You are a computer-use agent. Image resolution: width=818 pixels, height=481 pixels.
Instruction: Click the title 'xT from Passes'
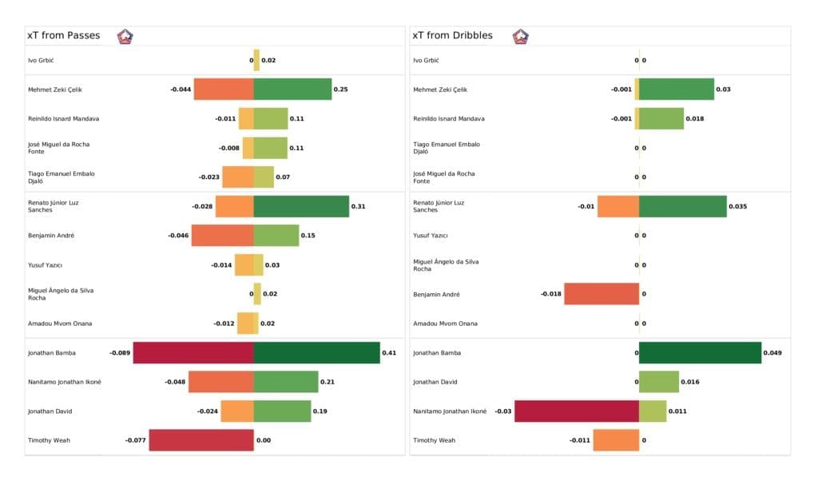[63, 36]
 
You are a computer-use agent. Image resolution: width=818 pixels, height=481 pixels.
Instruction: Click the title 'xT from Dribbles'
[452, 36]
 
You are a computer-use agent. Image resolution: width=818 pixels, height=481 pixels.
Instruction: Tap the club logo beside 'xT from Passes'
[125, 36]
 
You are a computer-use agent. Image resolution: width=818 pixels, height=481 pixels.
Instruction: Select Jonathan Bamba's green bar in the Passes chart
[316, 352]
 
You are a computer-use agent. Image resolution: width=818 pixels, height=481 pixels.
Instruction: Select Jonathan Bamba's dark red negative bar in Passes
[193, 352]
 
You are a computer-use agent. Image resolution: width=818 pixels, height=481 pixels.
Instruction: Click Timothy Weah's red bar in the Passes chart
[201, 440]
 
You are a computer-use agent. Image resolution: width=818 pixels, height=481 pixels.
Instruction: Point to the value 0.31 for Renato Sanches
[358, 206]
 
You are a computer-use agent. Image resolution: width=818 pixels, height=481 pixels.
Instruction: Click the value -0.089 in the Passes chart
[120, 352]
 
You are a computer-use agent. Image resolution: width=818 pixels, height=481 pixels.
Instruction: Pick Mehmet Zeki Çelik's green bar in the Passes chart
[292, 89]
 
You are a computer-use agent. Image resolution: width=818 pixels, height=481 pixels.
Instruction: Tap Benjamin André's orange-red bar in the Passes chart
[222, 236]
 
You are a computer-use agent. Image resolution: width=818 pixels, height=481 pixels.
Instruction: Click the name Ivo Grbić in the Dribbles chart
[431, 61]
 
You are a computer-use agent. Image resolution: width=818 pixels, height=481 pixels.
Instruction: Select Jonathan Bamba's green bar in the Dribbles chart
[700, 352]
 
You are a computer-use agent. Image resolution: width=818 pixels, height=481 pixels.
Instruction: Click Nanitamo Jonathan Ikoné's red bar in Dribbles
[577, 411]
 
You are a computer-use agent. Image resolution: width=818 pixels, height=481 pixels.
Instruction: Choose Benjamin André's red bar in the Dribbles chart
[602, 294]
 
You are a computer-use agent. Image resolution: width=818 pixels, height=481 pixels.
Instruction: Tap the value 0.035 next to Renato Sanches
[738, 206]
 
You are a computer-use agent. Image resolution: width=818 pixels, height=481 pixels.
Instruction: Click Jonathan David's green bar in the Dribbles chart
[659, 382]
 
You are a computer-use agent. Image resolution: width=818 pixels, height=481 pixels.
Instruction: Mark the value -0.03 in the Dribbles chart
[503, 411]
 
